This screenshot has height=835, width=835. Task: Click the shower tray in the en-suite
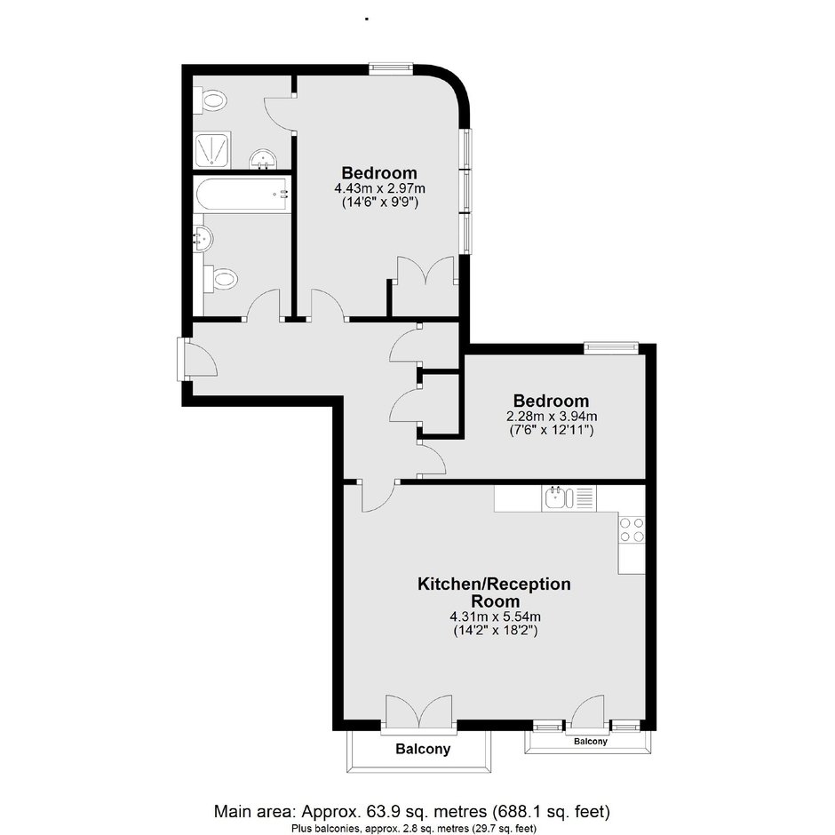pyautogui.click(x=212, y=150)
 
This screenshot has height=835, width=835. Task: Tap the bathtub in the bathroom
pyautogui.click(x=243, y=195)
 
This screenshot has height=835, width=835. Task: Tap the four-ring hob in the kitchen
pyautogui.click(x=632, y=529)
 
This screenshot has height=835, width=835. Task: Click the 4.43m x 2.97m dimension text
pyautogui.click(x=379, y=188)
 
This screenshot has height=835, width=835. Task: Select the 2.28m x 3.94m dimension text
pyautogui.click(x=551, y=416)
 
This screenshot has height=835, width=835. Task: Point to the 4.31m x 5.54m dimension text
pyautogui.click(x=496, y=616)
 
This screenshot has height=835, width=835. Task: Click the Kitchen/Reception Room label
pyautogui.click(x=494, y=592)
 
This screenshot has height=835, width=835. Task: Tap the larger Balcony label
pyautogui.click(x=423, y=749)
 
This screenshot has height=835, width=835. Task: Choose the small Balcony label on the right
pyautogui.click(x=590, y=741)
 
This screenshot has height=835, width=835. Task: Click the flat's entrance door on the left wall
pyautogui.click(x=197, y=360)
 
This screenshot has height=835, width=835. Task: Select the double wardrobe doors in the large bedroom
pyautogui.click(x=426, y=272)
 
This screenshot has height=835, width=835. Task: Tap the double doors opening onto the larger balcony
pyautogui.click(x=419, y=712)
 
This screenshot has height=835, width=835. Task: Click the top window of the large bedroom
pyautogui.click(x=392, y=68)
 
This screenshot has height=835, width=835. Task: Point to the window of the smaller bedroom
pyautogui.click(x=611, y=347)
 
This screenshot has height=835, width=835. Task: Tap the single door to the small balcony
pyautogui.click(x=588, y=712)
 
